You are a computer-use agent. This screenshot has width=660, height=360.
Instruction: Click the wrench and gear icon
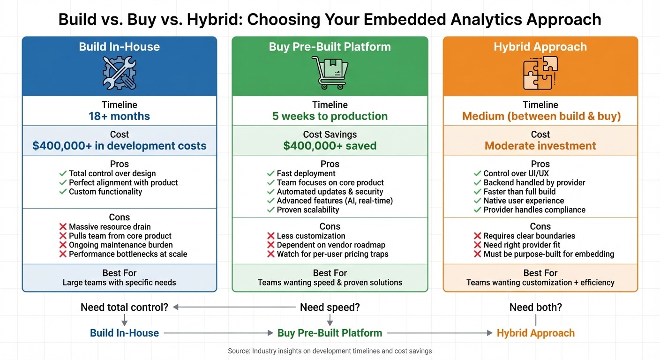click(x=119, y=73)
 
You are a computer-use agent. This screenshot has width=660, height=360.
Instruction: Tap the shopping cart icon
click(x=330, y=73)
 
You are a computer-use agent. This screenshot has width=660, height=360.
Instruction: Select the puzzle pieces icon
click(x=540, y=73)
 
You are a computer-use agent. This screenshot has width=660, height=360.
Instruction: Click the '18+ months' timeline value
click(x=119, y=116)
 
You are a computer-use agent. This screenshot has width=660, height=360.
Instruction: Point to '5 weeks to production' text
click(x=330, y=116)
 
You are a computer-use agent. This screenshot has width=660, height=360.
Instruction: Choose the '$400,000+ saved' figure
click(x=330, y=146)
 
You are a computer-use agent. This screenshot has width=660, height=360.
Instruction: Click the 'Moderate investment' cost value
click(x=540, y=146)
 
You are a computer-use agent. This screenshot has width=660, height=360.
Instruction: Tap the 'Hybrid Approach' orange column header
click(x=540, y=47)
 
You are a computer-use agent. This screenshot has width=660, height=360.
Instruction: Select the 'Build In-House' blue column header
click(x=119, y=47)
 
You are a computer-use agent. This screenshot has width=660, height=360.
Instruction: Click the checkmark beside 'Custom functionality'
click(x=63, y=192)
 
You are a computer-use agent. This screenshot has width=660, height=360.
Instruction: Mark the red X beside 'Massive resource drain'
click(x=63, y=227)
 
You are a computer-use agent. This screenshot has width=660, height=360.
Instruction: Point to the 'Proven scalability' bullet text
click(x=307, y=210)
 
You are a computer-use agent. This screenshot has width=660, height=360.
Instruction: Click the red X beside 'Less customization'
click(x=271, y=236)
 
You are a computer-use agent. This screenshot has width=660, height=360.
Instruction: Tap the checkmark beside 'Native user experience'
click(x=478, y=201)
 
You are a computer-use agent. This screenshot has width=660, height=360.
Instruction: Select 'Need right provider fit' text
click(x=522, y=245)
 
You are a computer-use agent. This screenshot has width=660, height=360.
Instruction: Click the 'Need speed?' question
click(x=330, y=307)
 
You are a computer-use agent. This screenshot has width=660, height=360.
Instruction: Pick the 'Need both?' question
click(x=535, y=307)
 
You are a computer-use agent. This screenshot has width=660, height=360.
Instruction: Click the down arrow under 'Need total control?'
click(x=124, y=320)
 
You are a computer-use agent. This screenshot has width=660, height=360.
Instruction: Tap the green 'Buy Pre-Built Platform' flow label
click(x=330, y=333)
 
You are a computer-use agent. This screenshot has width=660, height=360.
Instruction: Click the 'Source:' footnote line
click(x=330, y=351)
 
